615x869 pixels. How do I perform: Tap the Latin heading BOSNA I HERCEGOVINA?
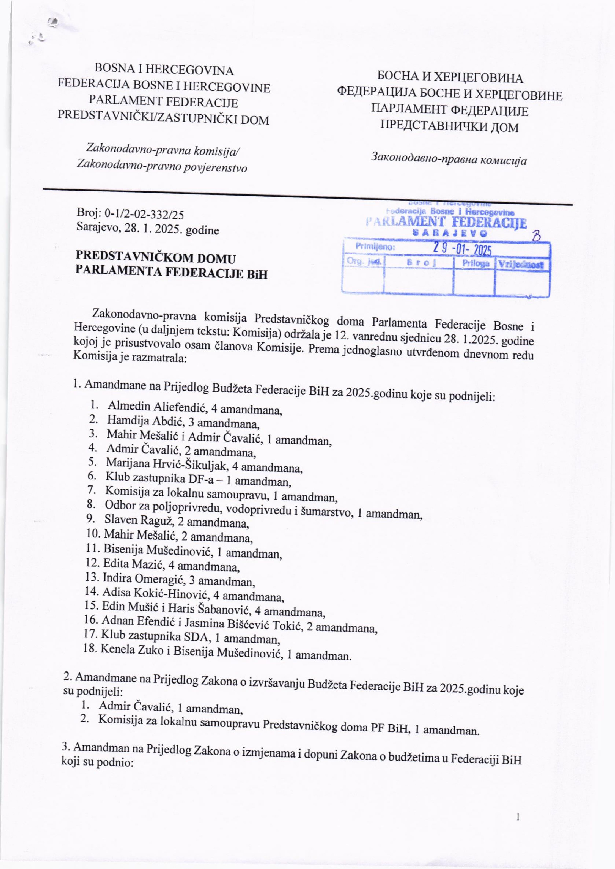click(x=164, y=70)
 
